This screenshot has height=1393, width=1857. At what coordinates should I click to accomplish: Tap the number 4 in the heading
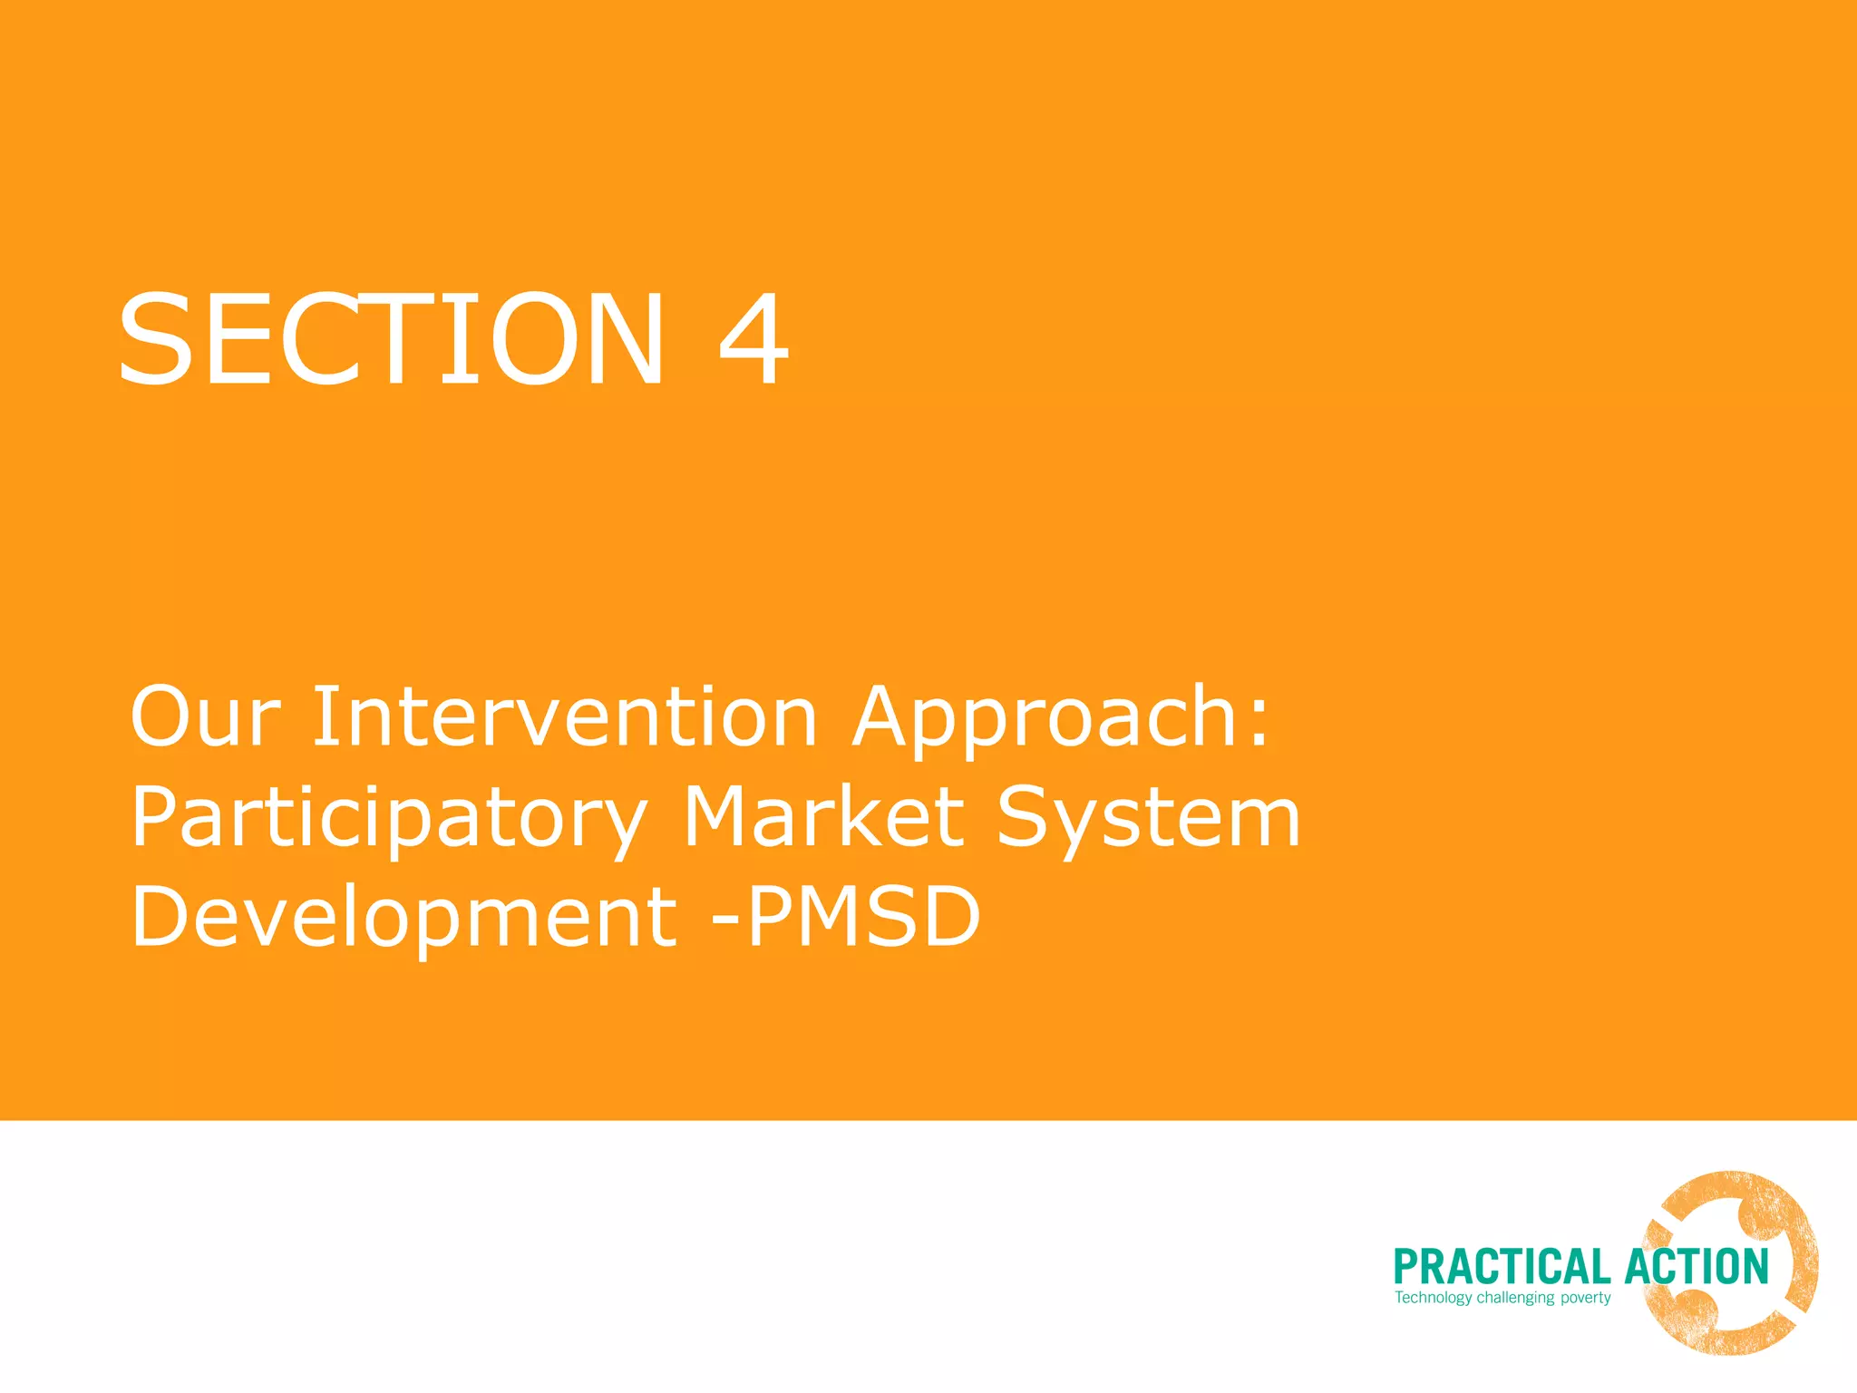click(753, 340)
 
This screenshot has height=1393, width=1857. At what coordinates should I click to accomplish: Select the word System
click(1148, 819)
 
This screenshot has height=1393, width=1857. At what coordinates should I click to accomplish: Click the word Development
click(403, 918)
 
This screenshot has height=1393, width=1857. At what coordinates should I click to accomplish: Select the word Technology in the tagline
click(1433, 1298)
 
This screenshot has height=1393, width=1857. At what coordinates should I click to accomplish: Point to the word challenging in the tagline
click(1515, 1299)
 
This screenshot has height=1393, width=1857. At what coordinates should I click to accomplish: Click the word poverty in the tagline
click(1585, 1299)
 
